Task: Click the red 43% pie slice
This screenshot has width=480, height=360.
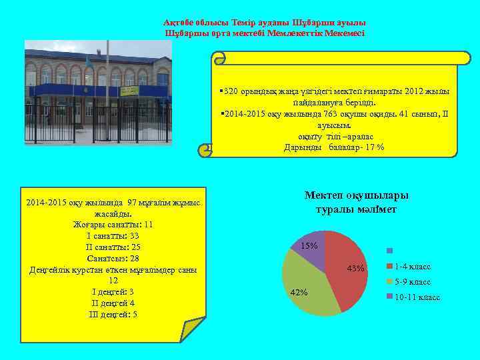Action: click(x=347, y=267)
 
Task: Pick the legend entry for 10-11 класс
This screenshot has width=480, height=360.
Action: click(x=417, y=297)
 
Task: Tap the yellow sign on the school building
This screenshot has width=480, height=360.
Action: click(x=129, y=90)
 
